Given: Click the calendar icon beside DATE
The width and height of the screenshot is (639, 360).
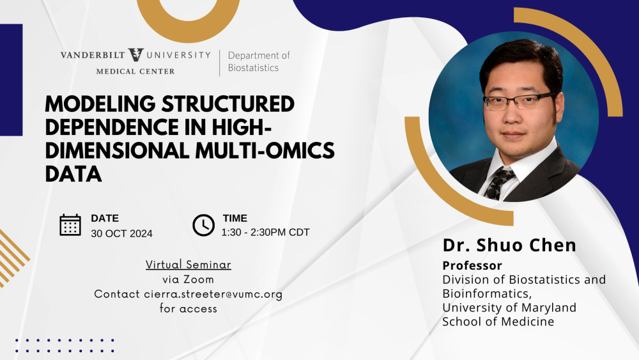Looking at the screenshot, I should [x=70, y=225].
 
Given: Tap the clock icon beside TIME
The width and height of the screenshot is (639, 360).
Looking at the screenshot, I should [x=204, y=225].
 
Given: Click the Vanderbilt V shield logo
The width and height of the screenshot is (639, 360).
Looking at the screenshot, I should [x=136, y=56].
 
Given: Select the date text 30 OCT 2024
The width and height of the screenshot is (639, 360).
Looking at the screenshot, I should [x=121, y=233].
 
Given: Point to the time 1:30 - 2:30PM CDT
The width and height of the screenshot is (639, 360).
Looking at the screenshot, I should [x=265, y=232].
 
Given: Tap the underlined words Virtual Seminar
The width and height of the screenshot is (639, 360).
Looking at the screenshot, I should [x=189, y=264].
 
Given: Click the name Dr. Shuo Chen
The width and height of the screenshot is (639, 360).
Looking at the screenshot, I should [x=509, y=245].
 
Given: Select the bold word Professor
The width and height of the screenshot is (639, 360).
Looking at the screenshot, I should [x=472, y=265].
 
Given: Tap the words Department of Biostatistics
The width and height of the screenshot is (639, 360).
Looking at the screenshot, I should [x=258, y=62].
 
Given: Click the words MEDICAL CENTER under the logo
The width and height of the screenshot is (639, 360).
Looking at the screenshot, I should [x=135, y=71].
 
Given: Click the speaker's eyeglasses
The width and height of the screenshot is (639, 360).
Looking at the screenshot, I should [x=518, y=100].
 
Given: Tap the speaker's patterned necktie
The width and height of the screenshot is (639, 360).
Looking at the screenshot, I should [x=500, y=182].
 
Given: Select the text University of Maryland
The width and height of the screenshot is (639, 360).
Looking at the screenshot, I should [x=509, y=308].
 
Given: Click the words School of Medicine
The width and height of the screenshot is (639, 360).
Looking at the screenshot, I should [x=498, y=322].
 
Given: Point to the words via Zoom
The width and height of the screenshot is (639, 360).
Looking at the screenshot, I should [x=189, y=279].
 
